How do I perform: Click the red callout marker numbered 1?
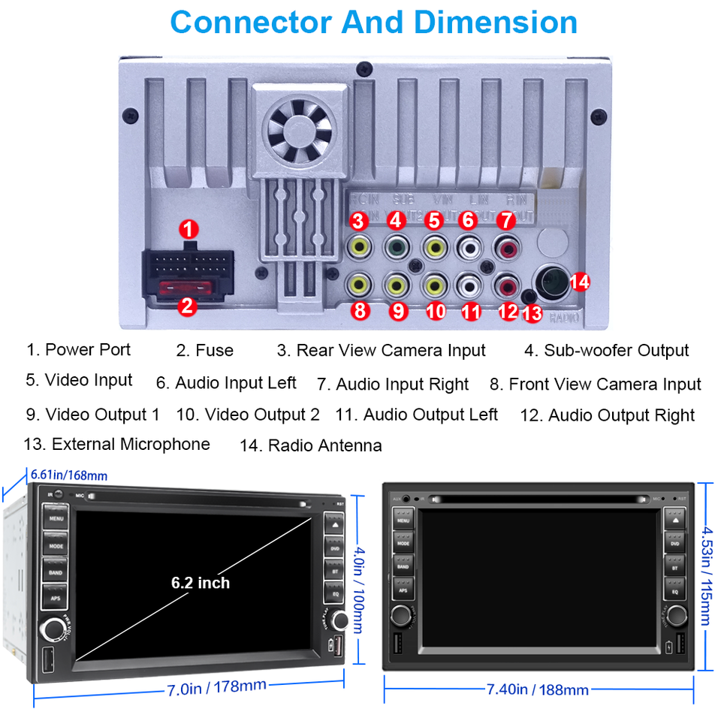[191, 228]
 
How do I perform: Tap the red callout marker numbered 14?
[579, 282]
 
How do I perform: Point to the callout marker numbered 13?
[531, 313]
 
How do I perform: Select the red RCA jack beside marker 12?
[507, 285]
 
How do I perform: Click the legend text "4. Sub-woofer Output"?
[606, 350]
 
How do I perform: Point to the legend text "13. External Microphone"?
[116, 444]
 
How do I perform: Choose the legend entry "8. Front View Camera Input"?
[595, 385]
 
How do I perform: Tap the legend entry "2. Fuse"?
[205, 350]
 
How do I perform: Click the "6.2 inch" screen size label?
[201, 582]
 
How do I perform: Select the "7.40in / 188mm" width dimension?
[537, 689]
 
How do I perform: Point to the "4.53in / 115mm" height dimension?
[706, 575]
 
